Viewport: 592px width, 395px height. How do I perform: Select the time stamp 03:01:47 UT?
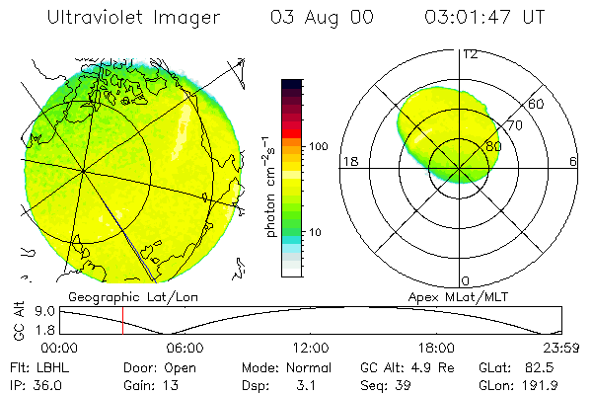(484, 19)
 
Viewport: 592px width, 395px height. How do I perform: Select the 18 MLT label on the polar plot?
(348, 161)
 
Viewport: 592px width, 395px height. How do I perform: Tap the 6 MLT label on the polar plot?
(573, 161)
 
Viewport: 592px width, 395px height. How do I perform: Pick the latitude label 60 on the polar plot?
(537, 104)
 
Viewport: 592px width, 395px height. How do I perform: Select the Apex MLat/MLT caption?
(451, 296)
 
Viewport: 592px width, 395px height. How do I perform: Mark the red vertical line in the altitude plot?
(122, 321)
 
